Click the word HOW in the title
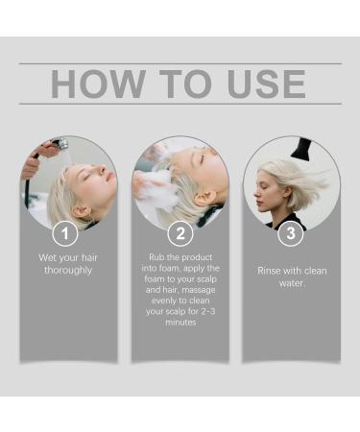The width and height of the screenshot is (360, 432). coord(99,84)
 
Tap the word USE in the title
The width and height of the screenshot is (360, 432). coord(266,84)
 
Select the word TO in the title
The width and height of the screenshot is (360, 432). coord(185,84)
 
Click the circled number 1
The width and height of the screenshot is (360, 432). coord(65,233)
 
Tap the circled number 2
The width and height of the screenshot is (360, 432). coord(180,233)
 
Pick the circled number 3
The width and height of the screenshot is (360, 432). coord(291,233)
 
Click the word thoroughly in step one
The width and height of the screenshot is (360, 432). coord(68,271)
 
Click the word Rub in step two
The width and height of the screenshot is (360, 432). coord(156,257)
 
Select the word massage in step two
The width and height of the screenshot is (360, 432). coord(199,290)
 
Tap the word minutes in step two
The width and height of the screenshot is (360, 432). coord(180,323)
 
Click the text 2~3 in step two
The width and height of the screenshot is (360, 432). coord(208,311)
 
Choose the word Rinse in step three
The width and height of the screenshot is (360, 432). coord(269,271)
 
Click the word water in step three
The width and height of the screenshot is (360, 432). coord(291,283)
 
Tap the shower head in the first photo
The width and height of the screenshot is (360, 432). coord(60,144)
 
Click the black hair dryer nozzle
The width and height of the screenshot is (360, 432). coord(300,148)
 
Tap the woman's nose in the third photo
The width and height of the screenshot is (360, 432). coord(256,194)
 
